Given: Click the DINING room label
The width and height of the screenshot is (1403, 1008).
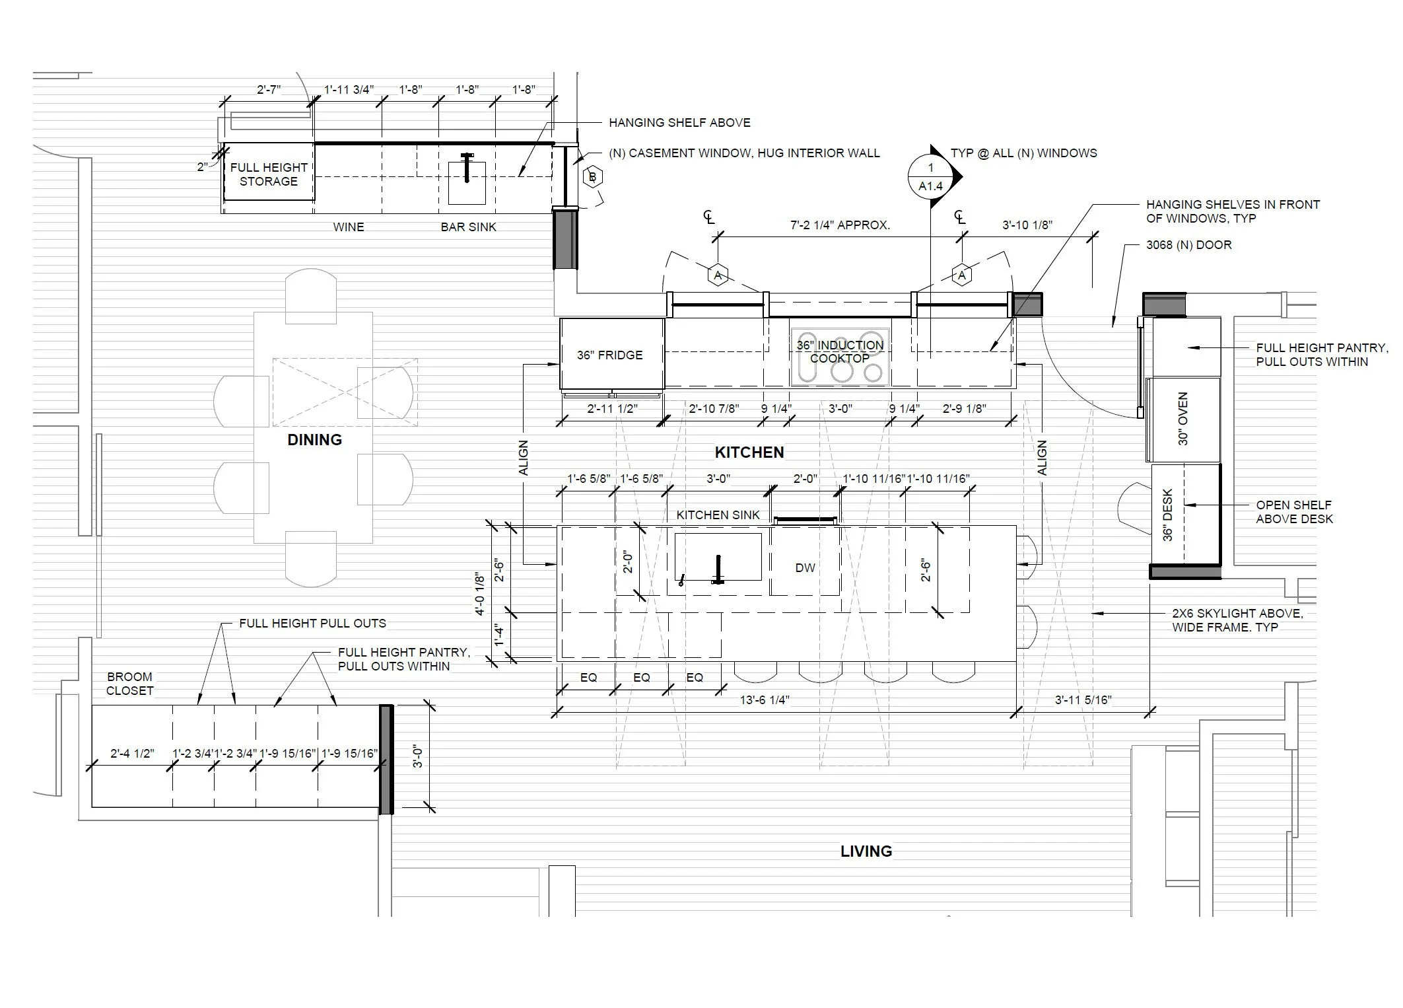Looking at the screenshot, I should click(314, 440).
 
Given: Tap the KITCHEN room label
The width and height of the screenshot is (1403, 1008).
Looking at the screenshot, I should click(749, 452).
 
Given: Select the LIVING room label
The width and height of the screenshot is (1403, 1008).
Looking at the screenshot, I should click(866, 851).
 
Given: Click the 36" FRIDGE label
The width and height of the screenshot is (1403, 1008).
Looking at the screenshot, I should click(609, 355).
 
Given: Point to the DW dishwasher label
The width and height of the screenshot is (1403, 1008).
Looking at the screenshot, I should click(805, 567).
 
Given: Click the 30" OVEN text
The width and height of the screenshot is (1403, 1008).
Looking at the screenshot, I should click(1183, 419).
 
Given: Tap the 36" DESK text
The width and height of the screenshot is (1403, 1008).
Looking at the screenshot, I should click(1168, 515).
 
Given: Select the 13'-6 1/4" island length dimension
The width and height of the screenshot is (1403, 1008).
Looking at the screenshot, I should click(765, 700).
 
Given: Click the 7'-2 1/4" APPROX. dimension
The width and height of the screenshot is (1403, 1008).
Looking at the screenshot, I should click(840, 225).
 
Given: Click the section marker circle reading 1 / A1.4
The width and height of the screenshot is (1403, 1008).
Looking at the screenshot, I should click(930, 177).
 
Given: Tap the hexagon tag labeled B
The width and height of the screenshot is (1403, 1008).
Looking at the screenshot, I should click(592, 177).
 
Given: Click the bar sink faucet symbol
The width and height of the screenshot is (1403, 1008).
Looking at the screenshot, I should click(467, 166).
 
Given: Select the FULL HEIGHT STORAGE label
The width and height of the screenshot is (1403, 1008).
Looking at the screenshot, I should click(269, 174).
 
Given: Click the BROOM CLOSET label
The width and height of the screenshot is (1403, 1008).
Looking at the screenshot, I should click(130, 684).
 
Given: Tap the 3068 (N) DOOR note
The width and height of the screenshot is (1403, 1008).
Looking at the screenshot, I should click(1188, 245).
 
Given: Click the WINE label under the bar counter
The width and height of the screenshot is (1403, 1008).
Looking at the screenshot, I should click(348, 227).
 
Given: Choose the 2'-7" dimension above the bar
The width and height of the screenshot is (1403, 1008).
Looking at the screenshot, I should click(269, 90).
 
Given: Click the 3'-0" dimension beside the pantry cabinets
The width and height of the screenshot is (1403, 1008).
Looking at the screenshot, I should click(417, 756).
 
